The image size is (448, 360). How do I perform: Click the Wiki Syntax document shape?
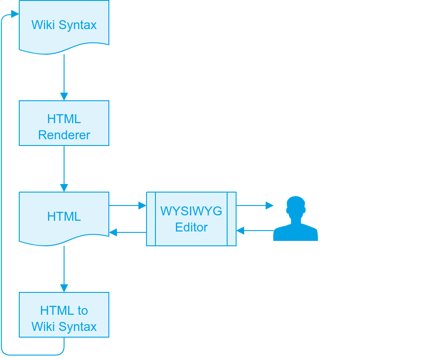[64, 25]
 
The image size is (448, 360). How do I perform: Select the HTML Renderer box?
[64, 123]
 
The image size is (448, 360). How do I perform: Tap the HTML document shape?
[64, 217]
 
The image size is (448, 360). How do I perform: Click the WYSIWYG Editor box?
[191, 219]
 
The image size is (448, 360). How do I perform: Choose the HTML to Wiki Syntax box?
[64, 315]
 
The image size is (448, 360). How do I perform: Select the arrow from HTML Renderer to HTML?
[64, 168]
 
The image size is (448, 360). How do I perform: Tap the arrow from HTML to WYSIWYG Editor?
[128, 206]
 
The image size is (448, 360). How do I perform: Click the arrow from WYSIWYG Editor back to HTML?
[128, 232]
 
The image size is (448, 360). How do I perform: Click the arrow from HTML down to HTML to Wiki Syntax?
[64, 269]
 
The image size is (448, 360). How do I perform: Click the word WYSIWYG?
[191, 211]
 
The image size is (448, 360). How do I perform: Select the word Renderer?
[64, 135]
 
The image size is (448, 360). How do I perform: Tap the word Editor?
[191, 227]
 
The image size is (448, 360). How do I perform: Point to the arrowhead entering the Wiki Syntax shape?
[15, 14]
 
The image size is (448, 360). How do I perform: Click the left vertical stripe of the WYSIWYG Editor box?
[151, 219]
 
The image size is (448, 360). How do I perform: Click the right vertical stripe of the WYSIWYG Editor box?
[232, 219]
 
